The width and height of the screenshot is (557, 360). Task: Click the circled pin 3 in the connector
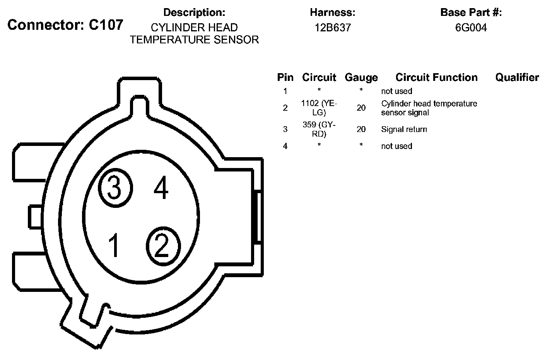point(115,188)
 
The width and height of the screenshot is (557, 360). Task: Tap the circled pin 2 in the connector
point(163,246)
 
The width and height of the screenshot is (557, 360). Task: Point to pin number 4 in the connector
point(161,188)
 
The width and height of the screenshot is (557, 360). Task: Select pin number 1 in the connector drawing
point(114,245)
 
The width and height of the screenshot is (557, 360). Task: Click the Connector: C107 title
point(65,25)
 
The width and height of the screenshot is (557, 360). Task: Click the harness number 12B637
point(333,27)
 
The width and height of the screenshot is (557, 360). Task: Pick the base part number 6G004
point(471,27)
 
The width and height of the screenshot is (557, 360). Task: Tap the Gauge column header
point(361,78)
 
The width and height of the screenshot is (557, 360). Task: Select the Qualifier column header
point(517,77)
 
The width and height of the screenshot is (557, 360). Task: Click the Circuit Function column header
point(436,77)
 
